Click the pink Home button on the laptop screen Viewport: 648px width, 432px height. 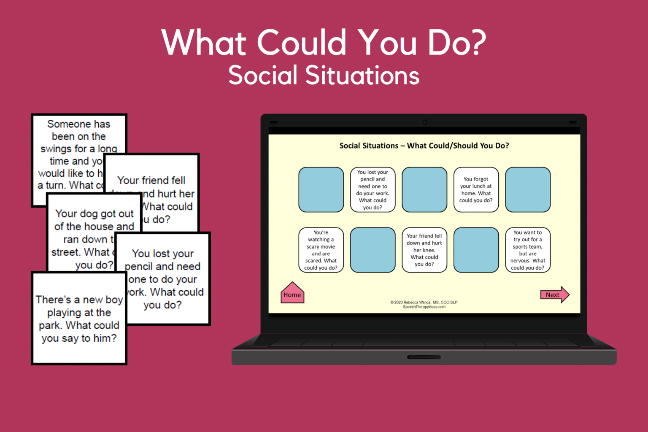tap(292, 294)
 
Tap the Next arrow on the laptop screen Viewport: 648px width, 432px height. tap(554, 295)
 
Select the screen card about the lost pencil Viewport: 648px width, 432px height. tap(373, 189)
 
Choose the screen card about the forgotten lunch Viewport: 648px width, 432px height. tap(476, 189)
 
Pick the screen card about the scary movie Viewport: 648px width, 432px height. tap(321, 250)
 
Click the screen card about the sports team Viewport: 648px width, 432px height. tap(527, 250)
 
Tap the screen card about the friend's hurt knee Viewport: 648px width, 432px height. tap(424, 250)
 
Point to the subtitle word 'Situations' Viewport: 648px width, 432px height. tap(362, 76)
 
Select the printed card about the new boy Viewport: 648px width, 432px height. tap(79, 319)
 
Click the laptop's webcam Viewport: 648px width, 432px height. tap(424, 122)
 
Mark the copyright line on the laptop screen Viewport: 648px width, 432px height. tap(424, 302)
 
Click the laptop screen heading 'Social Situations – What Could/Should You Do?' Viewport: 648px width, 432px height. tap(424, 146)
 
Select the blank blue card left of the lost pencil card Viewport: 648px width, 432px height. tap(321, 189)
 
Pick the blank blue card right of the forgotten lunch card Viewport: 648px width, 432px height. tap(527, 189)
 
